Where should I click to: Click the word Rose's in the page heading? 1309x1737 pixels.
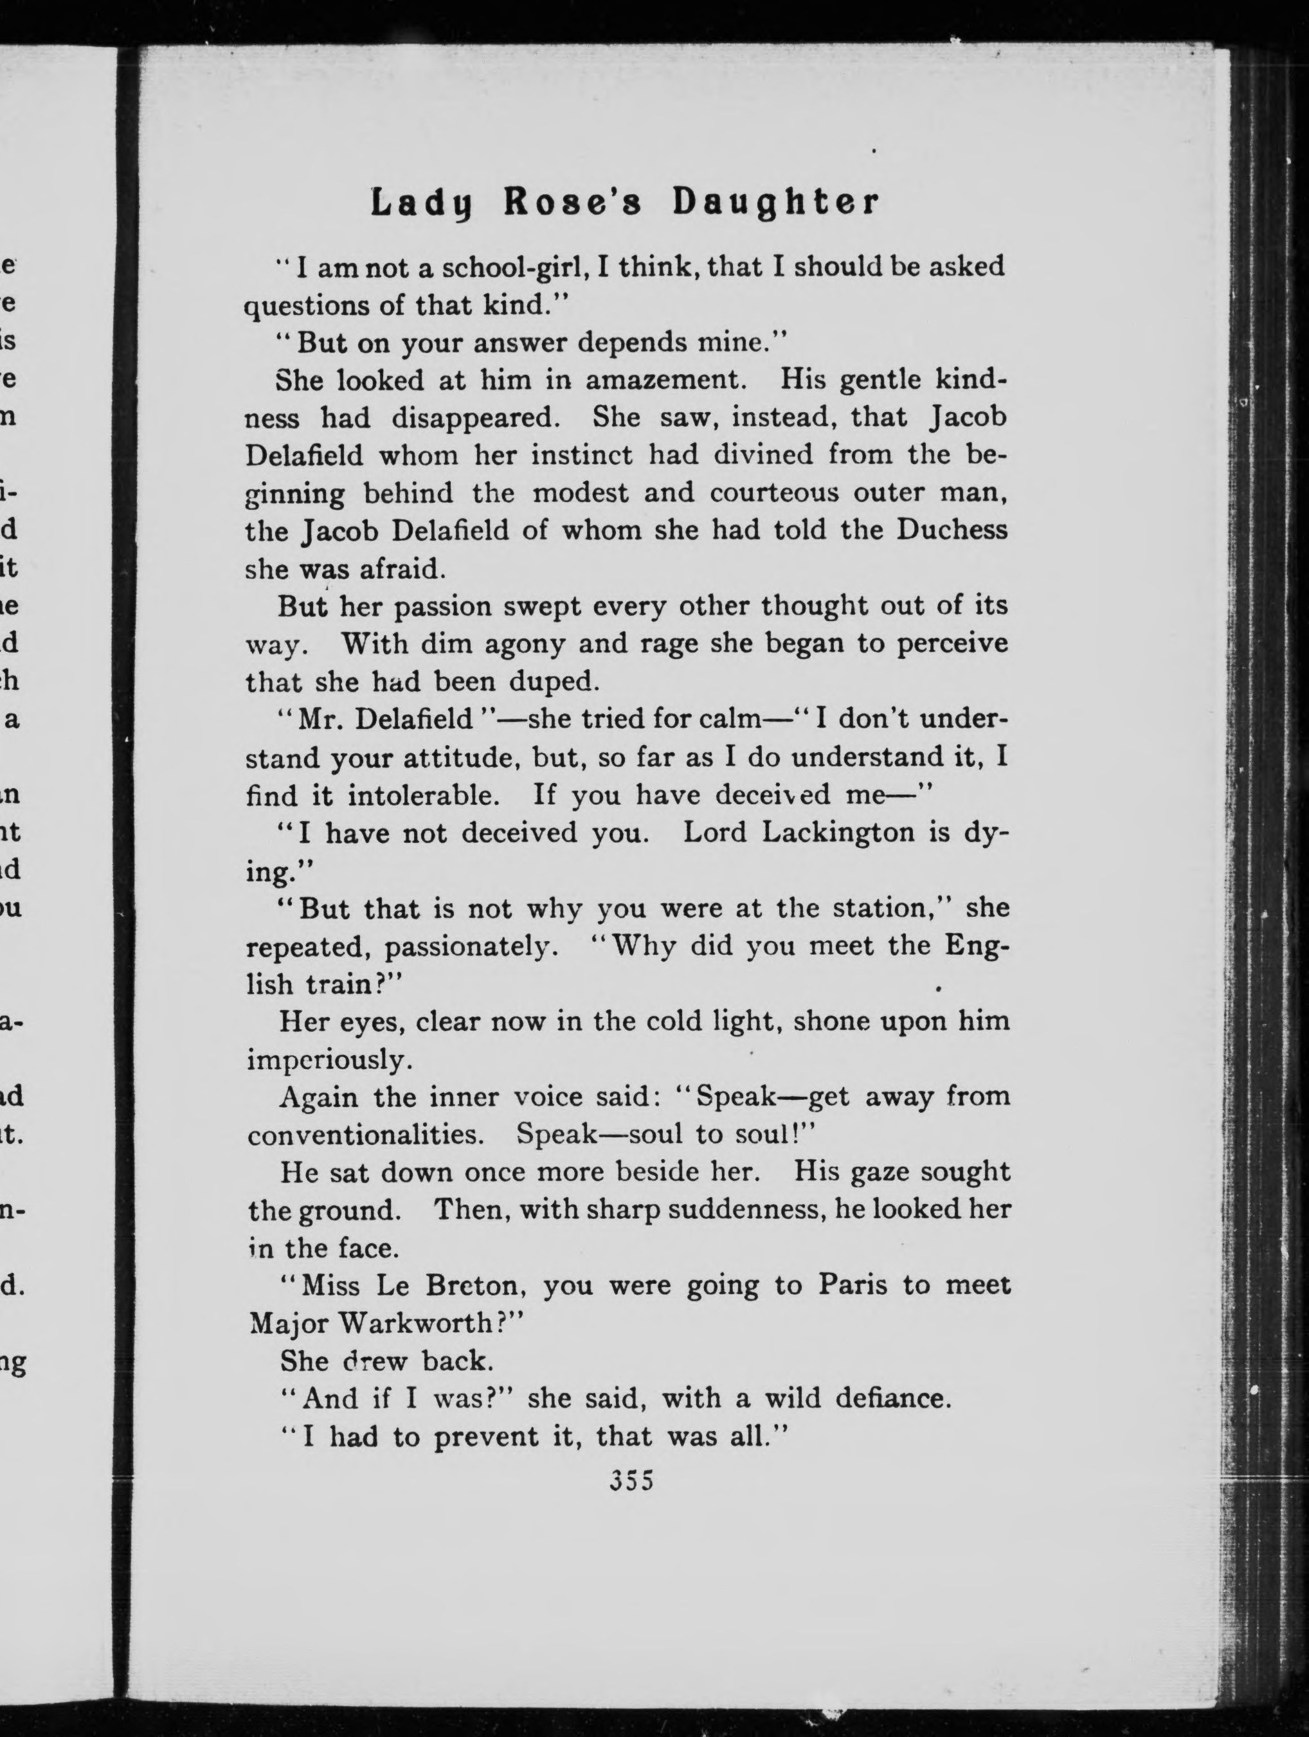[572, 203]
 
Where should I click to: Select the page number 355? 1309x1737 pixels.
[631, 1480]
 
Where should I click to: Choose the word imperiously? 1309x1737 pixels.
[329, 1060]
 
